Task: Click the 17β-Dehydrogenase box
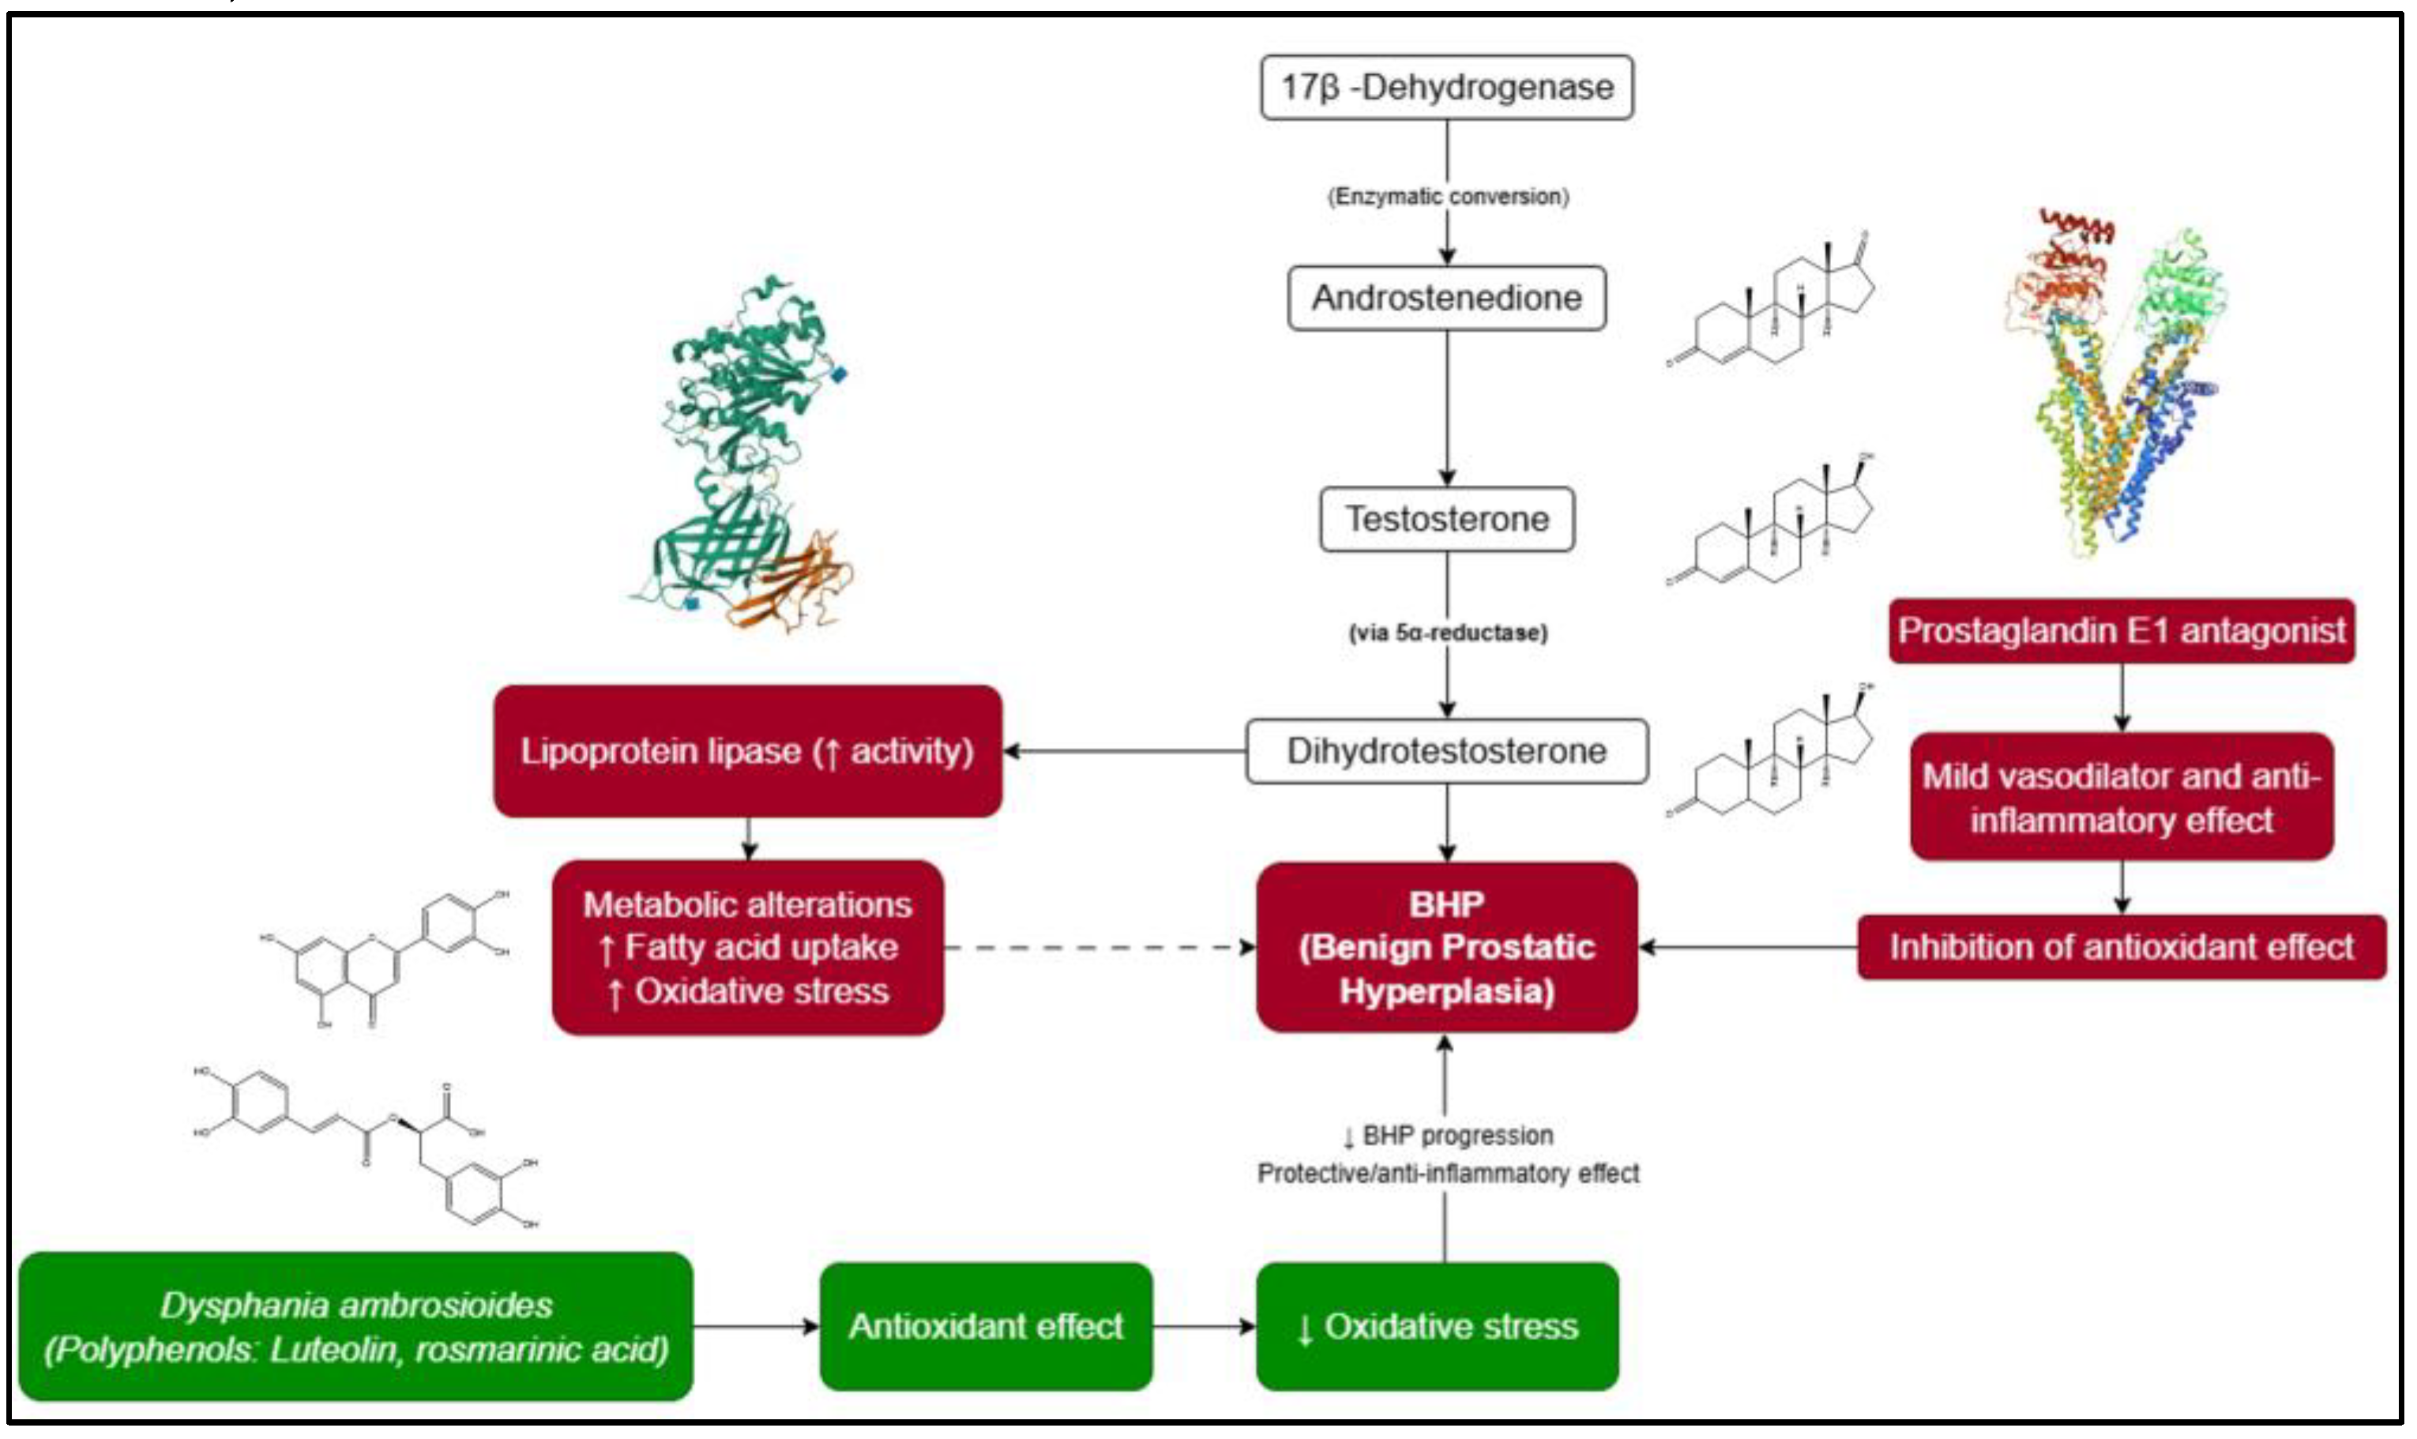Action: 1445,87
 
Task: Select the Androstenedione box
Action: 1445,298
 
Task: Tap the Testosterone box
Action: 1445,519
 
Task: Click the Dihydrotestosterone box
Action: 1445,750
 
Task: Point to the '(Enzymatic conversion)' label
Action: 1446,197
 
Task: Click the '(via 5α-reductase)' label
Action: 1446,633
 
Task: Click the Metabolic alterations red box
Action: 746,948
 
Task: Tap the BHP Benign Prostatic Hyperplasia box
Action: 1445,948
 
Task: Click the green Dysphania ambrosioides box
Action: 355,1325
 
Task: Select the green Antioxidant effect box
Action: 985,1325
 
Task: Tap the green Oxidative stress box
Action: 1436,1325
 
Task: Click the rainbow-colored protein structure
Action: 2114,388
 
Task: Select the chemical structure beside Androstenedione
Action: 1769,301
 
